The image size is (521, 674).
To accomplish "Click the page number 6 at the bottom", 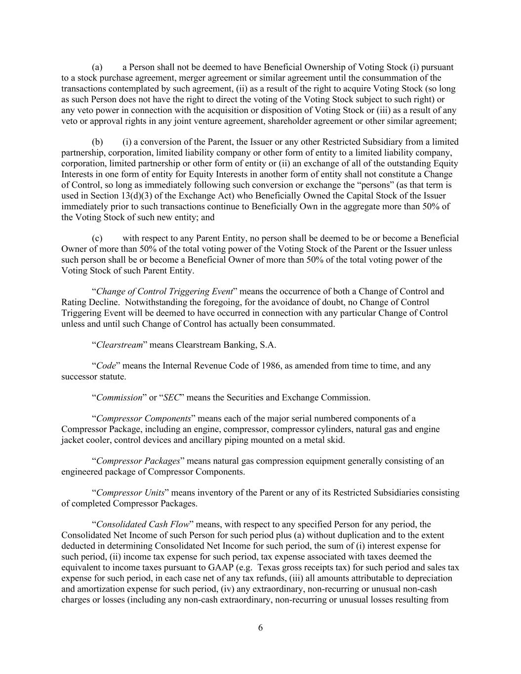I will [260, 628].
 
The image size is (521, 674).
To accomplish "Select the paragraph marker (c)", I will [97, 238].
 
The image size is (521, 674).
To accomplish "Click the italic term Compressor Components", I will [144, 419].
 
